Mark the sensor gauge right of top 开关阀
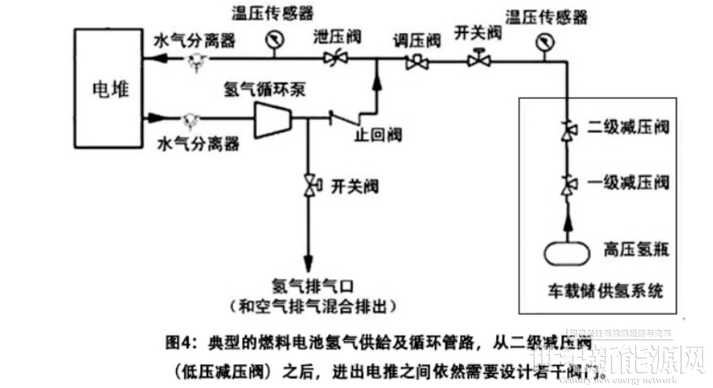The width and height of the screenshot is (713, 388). click(544, 44)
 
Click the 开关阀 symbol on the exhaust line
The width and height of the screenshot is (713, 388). click(308, 186)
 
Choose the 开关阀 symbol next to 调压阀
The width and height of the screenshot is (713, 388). click(478, 60)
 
